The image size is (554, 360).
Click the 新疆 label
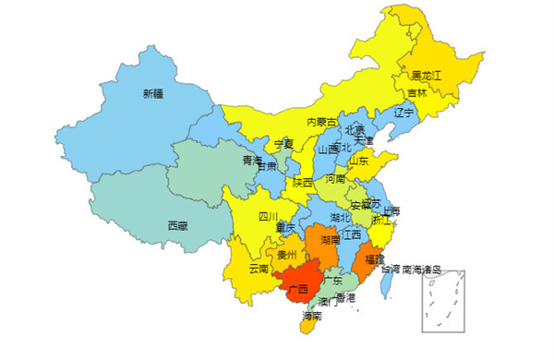point(152,93)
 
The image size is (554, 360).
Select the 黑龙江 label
point(427,74)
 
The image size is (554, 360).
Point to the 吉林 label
point(416,92)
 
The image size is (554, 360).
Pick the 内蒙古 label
point(321,122)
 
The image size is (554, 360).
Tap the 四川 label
point(268,218)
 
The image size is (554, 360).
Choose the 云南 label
point(258,269)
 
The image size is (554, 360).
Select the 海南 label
point(312,316)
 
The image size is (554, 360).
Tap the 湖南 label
point(330,240)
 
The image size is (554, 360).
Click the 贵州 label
point(286,256)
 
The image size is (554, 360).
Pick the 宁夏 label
point(283,144)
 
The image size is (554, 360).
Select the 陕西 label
point(302,182)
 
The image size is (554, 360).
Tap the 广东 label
point(332,280)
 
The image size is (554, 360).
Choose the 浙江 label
point(380,221)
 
